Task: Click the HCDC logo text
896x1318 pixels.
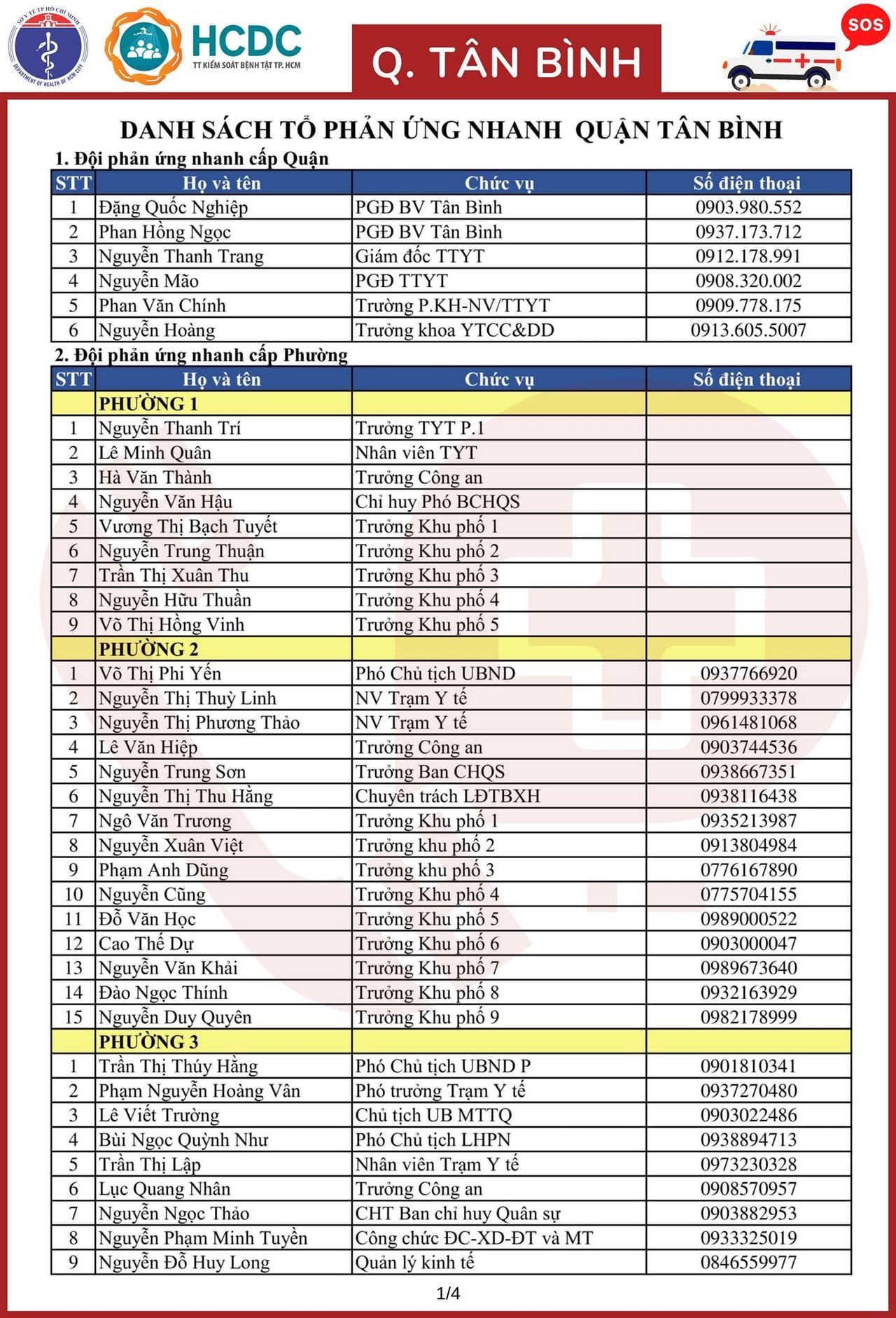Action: (x=246, y=42)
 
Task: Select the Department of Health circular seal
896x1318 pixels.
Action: (x=48, y=47)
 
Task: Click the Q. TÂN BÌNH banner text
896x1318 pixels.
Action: (x=506, y=62)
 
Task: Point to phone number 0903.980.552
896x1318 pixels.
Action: (x=748, y=207)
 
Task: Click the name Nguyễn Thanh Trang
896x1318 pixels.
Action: (x=181, y=256)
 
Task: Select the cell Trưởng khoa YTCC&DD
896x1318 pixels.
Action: (x=454, y=330)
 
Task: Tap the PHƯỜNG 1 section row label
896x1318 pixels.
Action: (x=148, y=404)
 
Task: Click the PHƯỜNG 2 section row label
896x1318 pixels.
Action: (x=148, y=649)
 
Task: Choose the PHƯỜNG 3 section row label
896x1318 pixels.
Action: (x=148, y=1042)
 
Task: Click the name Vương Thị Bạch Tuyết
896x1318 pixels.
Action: (x=188, y=526)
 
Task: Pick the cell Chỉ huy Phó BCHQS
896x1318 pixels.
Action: (x=437, y=502)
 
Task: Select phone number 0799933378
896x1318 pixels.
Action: (x=748, y=698)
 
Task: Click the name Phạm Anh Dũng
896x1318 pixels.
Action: (x=163, y=870)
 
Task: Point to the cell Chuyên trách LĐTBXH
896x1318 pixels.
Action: (x=447, y=796)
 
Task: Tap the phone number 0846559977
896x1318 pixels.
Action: (x=748, y=1262)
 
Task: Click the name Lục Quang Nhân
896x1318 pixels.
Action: (x=164, y=1189)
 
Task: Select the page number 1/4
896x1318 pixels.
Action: (x=448, y=1293)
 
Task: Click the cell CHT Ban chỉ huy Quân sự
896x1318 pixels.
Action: (x=458, y=1213)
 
